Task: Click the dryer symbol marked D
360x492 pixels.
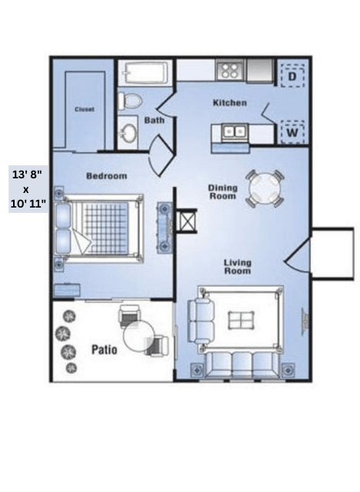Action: pos(292,76)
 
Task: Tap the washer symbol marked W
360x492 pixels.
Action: pos(292,132)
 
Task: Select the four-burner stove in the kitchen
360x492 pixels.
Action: pos(229,71)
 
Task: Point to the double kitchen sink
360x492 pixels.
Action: pos(235,131)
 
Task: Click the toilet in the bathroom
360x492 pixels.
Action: pos(129,101)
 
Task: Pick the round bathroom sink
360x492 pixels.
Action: pos(128,133)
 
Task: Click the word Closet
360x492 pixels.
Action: pos(85,109)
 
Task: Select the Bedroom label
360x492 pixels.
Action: pos(107,176)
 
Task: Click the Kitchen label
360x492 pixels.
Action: pos(230,103)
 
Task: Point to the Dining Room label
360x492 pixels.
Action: pos(223,192)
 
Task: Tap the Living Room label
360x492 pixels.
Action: pos(238,267)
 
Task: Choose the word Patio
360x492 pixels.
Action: pos(105,350)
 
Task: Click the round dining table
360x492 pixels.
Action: pos(265,189)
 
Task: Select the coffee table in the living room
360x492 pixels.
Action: pos(241,321)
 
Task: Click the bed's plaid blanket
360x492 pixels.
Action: pos(102,228)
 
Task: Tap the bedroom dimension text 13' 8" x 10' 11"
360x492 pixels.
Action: pos(28,189)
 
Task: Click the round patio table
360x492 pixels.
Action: pos(138,337)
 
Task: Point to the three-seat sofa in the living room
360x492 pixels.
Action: pos(242,365)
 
